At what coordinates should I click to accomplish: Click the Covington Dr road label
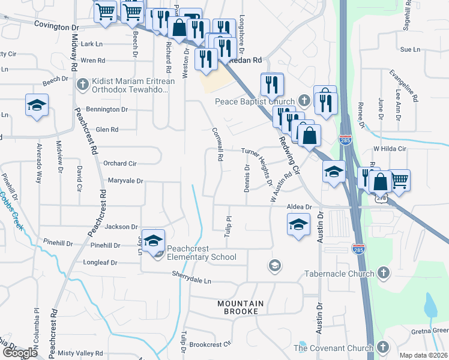pos(56,27)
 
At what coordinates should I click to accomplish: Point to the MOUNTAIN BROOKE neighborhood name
pos(238,307)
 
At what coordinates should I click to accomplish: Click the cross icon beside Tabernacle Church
pos(382,274)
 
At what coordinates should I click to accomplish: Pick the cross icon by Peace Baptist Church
pos(304,101)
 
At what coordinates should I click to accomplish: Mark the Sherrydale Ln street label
pos(192,281)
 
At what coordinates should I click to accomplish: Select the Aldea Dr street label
pos(300,206)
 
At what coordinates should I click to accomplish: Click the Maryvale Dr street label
pos(125,180)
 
